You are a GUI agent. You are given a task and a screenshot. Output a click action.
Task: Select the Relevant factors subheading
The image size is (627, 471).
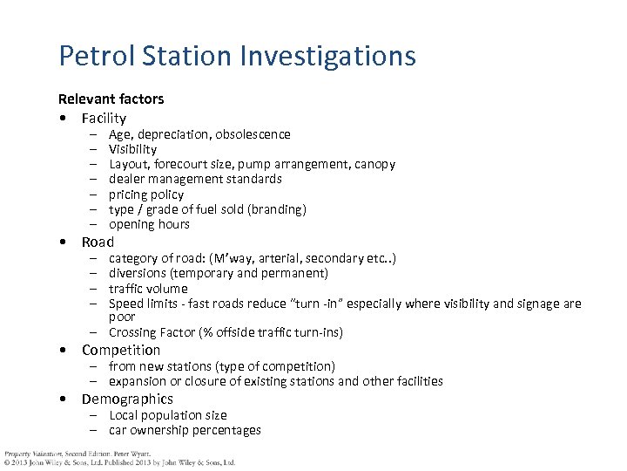point(111,99)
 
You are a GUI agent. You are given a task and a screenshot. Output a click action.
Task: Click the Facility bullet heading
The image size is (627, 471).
point(104,118)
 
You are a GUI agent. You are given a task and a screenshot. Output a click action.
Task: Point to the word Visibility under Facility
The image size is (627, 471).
point(132,149)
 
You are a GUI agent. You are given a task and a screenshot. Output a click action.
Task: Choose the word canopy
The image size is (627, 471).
point(374,164)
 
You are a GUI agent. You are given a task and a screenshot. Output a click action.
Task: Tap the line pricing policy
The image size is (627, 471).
point(145,195)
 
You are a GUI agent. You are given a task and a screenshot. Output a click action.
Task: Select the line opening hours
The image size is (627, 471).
point(149,224)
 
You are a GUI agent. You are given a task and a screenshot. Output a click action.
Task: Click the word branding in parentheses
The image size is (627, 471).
point(276,209)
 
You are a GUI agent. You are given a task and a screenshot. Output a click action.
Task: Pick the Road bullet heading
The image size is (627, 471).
point(98,242)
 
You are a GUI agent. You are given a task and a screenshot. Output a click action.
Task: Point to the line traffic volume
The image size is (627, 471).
point(148,288)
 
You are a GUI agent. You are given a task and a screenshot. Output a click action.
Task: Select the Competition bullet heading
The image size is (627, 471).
point(121,350)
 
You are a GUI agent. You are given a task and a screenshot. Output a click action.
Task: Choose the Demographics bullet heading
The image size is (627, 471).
point(127,399)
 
